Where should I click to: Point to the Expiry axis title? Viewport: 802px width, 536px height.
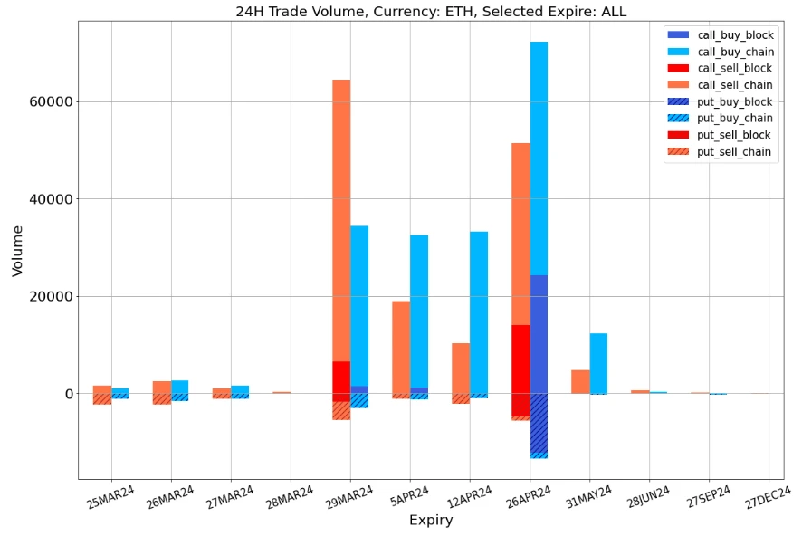431,521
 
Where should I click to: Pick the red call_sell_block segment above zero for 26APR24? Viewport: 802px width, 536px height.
520,359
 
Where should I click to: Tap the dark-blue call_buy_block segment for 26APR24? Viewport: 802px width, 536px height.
539,334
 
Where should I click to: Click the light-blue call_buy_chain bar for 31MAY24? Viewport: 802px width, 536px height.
598,363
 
